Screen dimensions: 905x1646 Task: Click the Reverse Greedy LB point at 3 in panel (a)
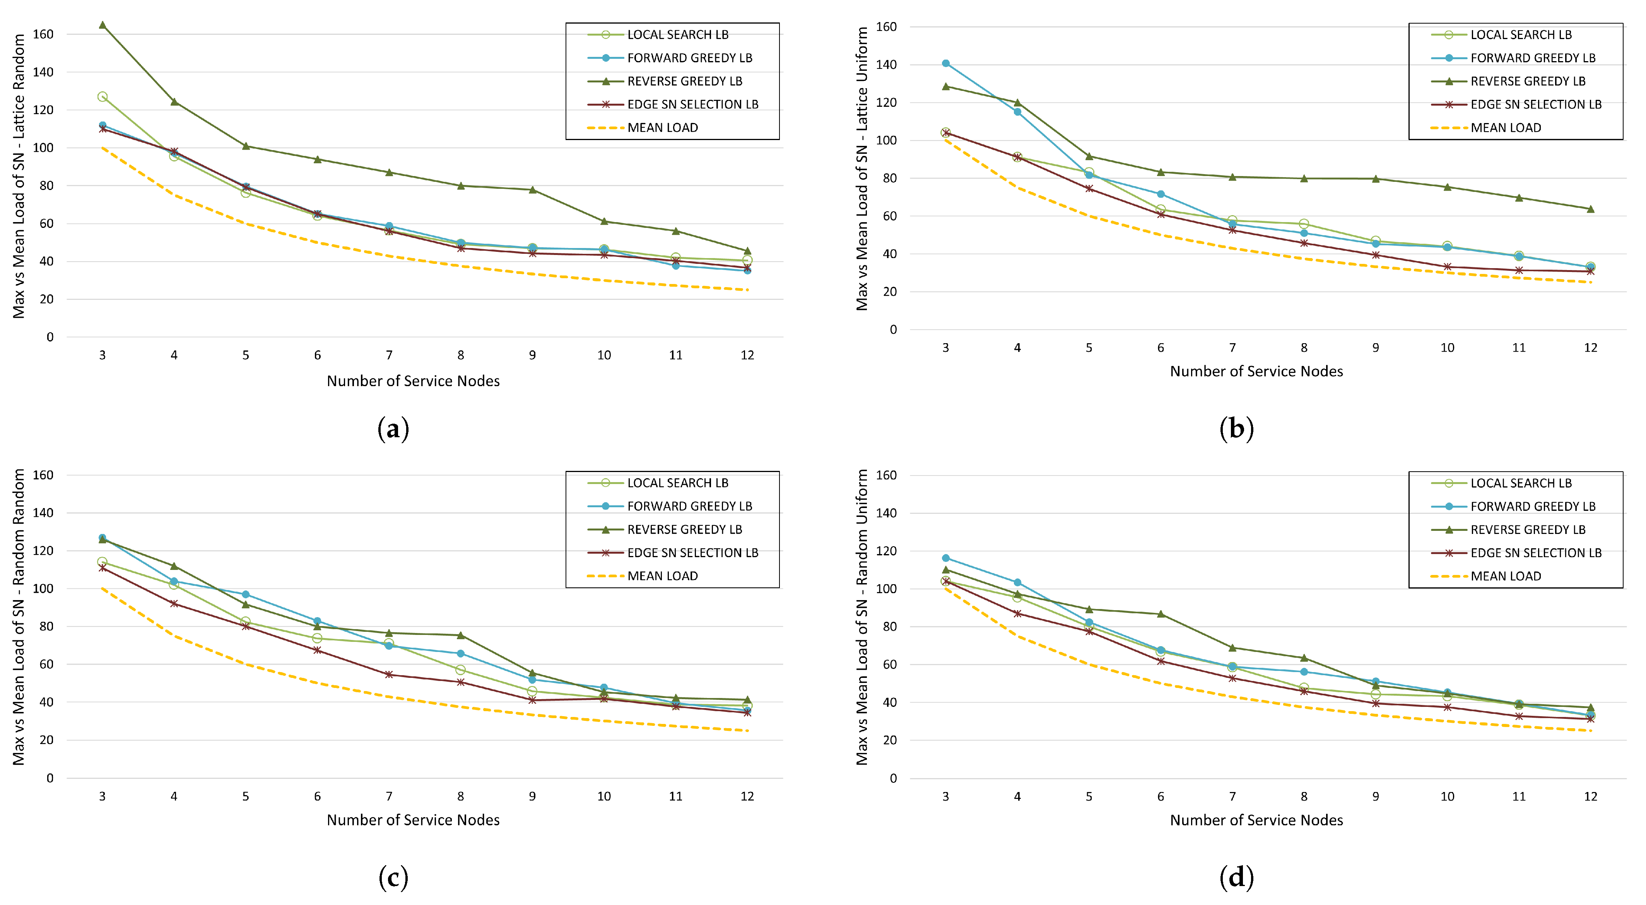point(102,25)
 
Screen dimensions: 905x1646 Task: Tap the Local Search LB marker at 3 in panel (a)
point(102,96)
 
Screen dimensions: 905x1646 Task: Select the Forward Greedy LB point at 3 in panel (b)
point(946,63)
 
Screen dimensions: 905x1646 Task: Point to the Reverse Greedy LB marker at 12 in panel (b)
point(1590,209)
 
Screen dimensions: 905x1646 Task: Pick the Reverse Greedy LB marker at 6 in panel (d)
point(1161,614)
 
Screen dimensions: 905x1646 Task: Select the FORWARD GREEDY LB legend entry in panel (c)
point(689,506)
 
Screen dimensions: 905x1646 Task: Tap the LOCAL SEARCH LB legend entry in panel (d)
point(1521,483)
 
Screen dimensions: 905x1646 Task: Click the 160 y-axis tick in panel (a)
point(43,34)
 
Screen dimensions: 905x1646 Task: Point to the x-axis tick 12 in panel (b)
point(1590,348)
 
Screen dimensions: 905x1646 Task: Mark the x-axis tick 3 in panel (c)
point(102,796)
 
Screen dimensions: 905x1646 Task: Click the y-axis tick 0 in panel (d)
point(893,778)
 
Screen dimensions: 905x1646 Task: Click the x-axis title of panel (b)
point(1256,371)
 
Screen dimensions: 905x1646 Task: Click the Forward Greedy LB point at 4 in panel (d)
point(1017,582)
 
